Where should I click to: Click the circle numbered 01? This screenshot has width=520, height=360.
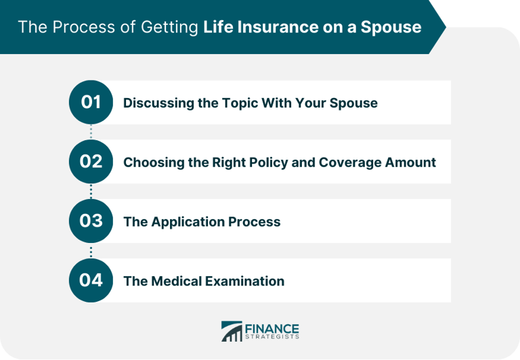91,103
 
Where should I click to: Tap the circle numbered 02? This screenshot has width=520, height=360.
91,162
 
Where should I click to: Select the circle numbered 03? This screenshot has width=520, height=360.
91,221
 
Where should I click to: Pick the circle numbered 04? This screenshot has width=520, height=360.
91,280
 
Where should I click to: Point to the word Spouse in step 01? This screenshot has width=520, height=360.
354,104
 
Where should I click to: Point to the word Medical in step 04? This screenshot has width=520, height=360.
175,281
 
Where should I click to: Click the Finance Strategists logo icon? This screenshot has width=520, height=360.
232,331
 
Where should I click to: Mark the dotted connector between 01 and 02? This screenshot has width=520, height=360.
91,132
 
